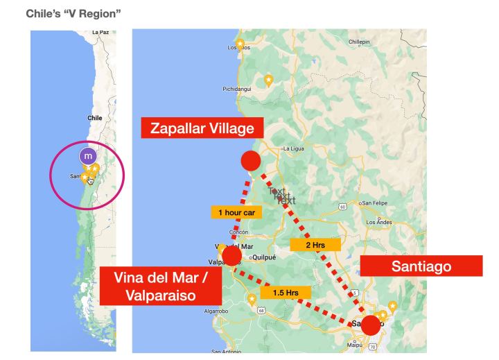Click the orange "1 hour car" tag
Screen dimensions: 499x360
pos(236,212)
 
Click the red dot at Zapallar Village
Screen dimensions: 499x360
pos(250,161)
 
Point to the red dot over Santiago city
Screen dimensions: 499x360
pos(371,325)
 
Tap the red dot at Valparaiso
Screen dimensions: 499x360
pos(231,256)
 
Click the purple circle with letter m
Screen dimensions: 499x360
pos(87,156)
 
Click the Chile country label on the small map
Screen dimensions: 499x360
pos(94,118)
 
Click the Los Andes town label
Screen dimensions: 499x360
pos(379,222)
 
